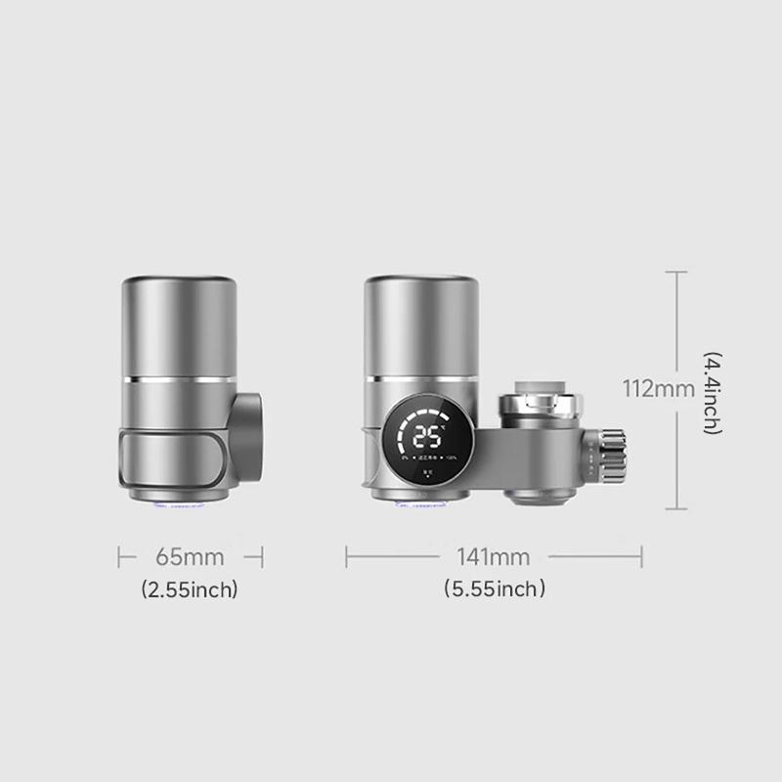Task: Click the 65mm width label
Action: coord(190,557)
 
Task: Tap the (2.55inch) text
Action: coord(190,589)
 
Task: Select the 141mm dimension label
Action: coord(494,557)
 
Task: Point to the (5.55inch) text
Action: coord(494,589)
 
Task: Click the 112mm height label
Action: coord(659,389)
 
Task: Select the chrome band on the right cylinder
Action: coord(421,376)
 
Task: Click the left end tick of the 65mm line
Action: coord(119,557)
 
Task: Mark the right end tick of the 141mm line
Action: coord(641,557)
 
